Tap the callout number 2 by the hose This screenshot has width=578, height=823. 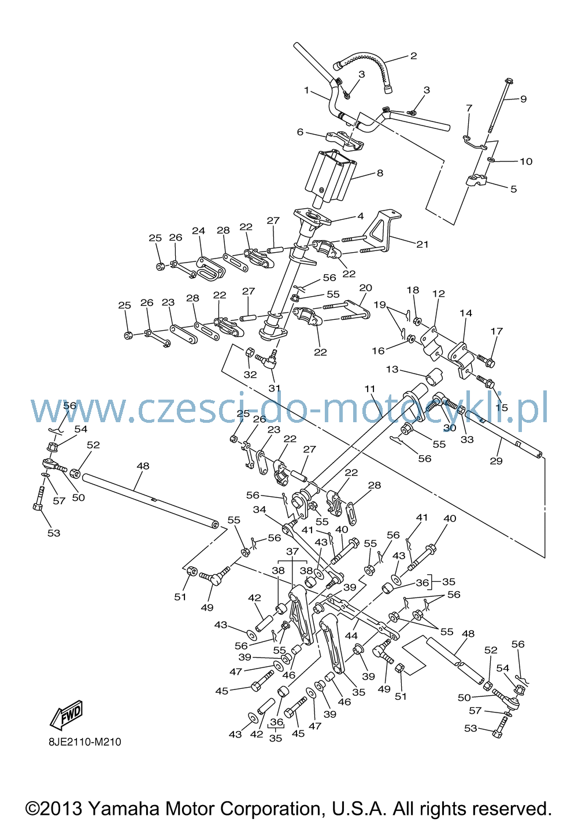coord(413,56)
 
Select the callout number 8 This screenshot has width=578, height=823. coord(380,173)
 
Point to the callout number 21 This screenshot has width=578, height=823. coord(423,244)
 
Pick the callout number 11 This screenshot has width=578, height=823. coord(370,389)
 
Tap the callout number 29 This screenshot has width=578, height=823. coord(496,461)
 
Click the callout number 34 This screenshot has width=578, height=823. coord(260,509)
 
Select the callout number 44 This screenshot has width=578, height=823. coord(351,635)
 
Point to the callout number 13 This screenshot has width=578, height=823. coord(392,369)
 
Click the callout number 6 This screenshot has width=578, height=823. coord(300,131)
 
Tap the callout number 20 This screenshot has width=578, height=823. coord(366,287)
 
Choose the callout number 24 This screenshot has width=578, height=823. coord(198,231)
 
